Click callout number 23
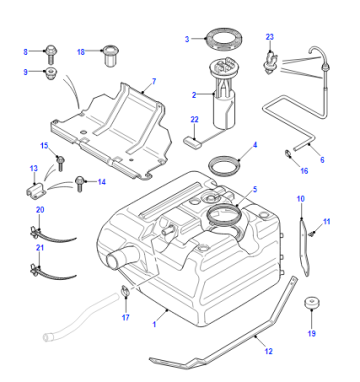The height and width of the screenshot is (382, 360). [270, 37]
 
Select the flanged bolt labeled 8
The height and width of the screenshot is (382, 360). [50, 54]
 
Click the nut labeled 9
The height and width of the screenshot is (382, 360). [51, 73]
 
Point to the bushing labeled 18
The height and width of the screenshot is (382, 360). [111, 55]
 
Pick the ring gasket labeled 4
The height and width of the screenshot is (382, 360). [224, 166]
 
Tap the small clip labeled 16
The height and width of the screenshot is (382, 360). [287, 154]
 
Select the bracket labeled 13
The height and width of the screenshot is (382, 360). [35, 191]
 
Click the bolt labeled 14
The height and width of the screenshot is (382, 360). [79, 184]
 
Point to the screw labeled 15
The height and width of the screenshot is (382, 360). [60, 163]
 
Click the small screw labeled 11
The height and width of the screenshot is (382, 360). [312, 233]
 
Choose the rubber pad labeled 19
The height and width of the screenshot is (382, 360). [312, 302]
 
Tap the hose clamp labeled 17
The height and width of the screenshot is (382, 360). [125, 290]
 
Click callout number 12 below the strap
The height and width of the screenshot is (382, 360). [269, 351]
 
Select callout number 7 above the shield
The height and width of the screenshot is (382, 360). [154, 81]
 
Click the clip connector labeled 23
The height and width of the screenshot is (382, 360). [270, 63]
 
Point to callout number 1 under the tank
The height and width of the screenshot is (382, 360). [154, 324]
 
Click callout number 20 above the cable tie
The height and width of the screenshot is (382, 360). [40, 210]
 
